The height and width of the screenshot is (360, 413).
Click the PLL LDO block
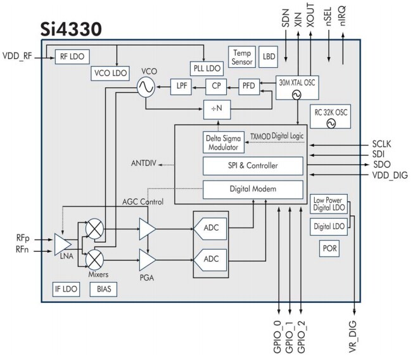(x=205, y=67)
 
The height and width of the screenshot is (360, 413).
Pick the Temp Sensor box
(x=243, y=58)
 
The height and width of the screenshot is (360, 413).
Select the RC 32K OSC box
(x=331, y=117)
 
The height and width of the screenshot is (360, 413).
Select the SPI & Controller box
(x=252, y=166)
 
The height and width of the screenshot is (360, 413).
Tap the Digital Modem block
(x=252, y=188)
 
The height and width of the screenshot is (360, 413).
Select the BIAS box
(x=103, y=289)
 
